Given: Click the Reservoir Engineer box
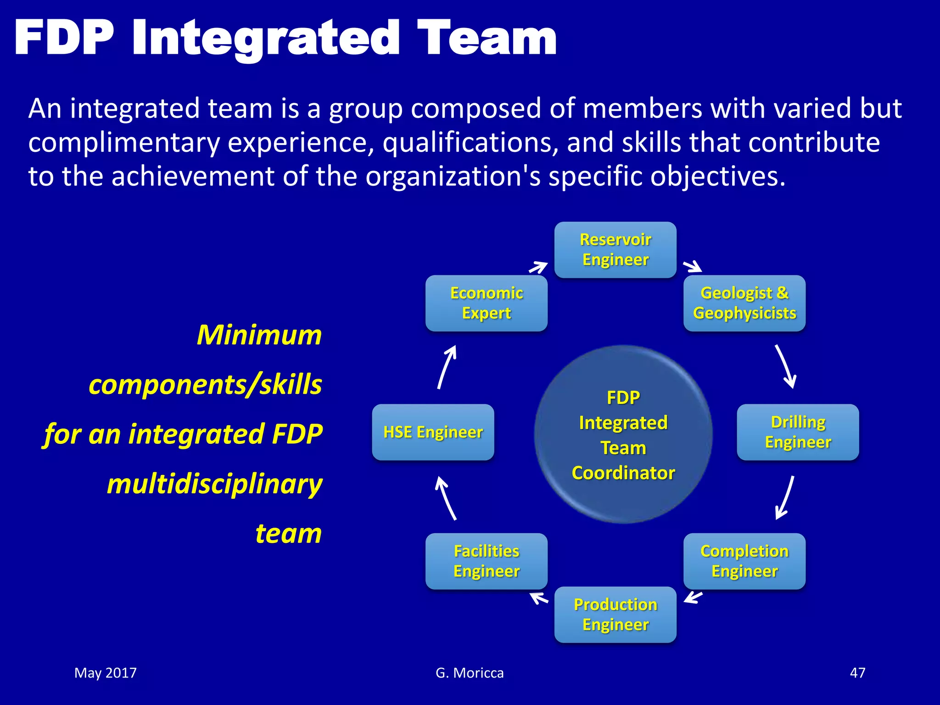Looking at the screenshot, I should tap(615, 250).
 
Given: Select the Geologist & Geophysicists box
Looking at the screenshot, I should tap(744, 303).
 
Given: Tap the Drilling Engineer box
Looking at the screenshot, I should tap(798, 432).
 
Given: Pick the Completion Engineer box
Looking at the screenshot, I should tap(744, 561).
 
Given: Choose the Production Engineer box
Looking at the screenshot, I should tap(615, 615).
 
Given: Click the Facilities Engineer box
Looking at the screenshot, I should tap(486, 561).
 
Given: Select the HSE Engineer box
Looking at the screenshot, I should tap(433, 432).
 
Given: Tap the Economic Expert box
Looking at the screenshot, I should tap(486, 303).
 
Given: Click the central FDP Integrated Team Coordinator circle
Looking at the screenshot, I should tap(623, 434).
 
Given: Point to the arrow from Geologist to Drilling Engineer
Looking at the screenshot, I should tap(785, 366).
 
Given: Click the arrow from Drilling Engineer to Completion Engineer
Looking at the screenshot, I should tap(785, 498).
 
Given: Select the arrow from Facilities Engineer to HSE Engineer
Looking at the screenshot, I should tap(446, 498).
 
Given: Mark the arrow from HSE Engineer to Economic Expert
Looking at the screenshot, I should tap(447, 367).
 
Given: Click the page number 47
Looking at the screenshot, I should tap(857, 673).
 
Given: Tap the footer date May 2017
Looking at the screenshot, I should tap(106, 673).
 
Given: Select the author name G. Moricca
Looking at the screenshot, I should tap(470, 673).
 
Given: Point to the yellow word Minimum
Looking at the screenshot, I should tap(259, 335).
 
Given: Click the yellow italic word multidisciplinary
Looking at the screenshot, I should tap(214, 484).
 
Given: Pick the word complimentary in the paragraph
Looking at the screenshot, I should tap(124, 143).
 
